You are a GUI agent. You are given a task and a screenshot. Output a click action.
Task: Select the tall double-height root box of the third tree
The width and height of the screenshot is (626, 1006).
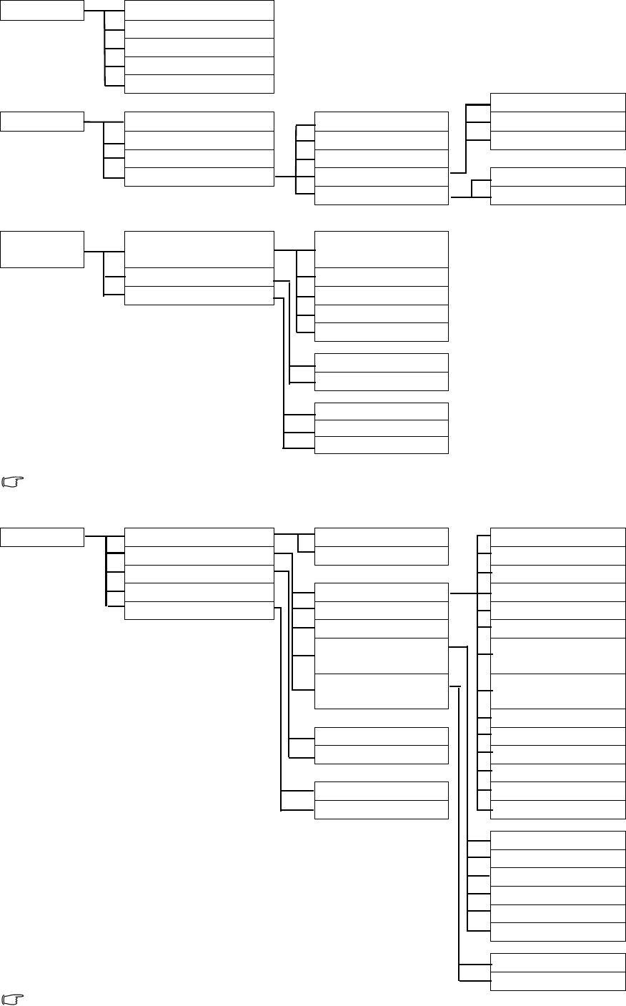(x=42, y=249)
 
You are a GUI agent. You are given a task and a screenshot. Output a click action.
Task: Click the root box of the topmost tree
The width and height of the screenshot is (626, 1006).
(x=42, y=10)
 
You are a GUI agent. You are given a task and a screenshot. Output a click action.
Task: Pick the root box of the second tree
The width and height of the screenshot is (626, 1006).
(x=42, y=122)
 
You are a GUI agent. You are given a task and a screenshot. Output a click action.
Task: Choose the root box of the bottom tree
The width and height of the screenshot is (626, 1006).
(x=42, y=537)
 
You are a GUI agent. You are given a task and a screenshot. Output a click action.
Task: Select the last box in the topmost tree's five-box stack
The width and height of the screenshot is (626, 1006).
(x=199, y=84)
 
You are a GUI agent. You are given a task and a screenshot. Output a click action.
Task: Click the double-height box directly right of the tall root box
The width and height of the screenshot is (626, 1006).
(x=199, y=249)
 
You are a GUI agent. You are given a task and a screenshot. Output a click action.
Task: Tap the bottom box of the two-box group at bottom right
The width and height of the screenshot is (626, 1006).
(x=558, y=981)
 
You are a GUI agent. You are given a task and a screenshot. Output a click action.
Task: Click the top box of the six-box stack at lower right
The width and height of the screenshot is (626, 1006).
(x=558, y=840)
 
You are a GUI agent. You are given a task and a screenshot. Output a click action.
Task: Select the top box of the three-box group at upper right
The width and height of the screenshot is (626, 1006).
(x=558, y=102)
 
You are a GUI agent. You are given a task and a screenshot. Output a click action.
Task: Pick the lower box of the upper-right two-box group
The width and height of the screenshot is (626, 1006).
(x=558, y=195)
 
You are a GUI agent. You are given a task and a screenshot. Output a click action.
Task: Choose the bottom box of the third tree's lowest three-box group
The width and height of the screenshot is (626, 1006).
(x=382, y=445)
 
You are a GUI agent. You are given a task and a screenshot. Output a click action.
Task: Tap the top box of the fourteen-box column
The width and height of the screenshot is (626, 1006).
(x=558, y=537)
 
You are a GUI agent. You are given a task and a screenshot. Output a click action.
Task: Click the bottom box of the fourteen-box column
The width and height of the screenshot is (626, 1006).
(x=558, y=809)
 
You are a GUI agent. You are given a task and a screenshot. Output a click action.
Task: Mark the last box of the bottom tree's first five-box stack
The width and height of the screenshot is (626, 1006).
(x=199, y=611)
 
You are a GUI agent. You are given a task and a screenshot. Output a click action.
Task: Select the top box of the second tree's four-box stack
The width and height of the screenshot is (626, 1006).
(x=199, y=121)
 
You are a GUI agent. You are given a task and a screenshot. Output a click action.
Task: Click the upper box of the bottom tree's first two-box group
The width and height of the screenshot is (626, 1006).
(x=382, y=537)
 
